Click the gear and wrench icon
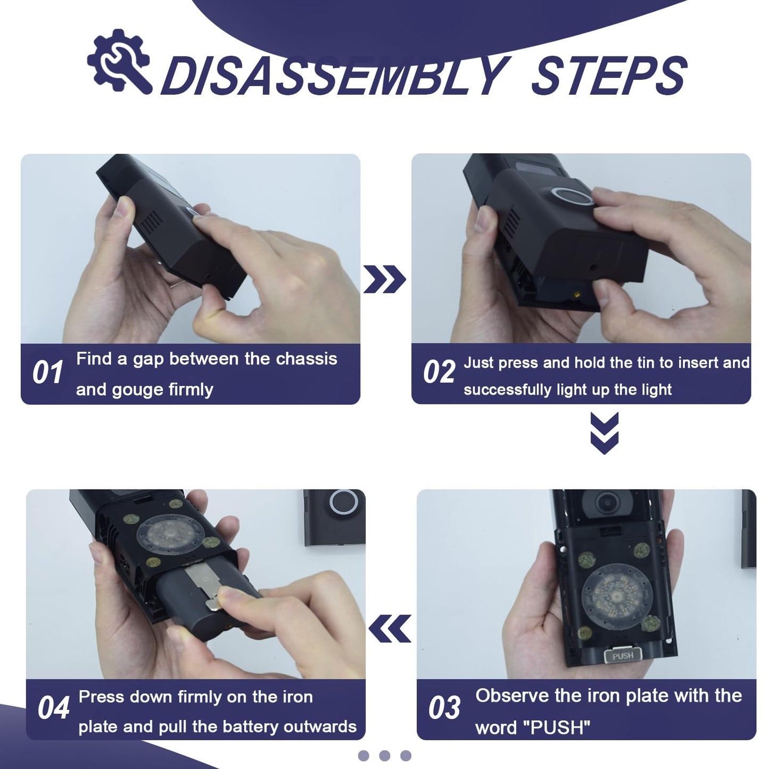(119, 61)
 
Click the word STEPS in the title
(609, 76)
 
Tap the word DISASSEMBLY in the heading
(335, 76)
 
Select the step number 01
(47, 373)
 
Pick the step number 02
(439, 372)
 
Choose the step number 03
(444, 708)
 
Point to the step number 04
(53, 708)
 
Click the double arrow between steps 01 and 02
(384, 279)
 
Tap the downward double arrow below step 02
(604, 433)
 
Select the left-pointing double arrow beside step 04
(390, 628)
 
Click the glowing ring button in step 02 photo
(573, 196)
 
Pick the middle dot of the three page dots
(385, 756)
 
